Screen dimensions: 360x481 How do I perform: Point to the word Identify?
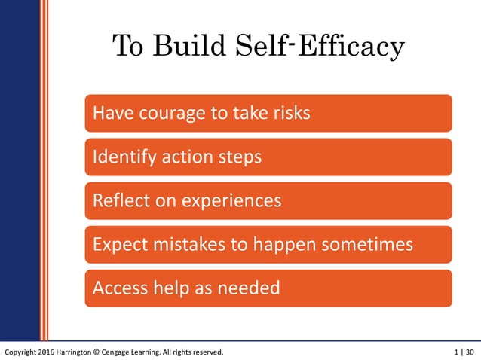[x=123, y=157]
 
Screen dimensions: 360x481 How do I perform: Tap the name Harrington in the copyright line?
[x=88, y=352]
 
